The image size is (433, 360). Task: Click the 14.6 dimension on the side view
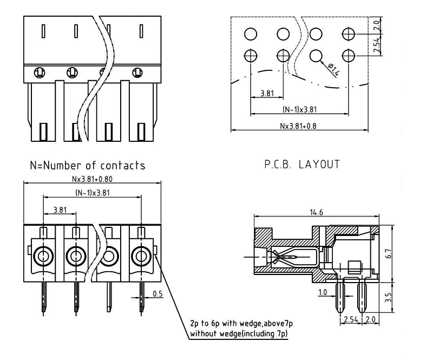[x=317, y=213]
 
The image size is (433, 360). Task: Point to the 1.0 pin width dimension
[x=324, y=293]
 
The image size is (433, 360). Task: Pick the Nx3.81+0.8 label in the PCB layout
[x=298, y=126]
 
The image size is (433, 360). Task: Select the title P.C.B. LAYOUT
[x=302, y=164]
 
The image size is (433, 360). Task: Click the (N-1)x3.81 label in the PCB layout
[x=299, y=109]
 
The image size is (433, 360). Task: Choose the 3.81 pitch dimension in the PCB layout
[x=266, y=93]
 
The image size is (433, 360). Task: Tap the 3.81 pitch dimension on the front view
[x=60, y=209]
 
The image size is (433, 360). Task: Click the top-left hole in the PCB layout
[x=250, y=35]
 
